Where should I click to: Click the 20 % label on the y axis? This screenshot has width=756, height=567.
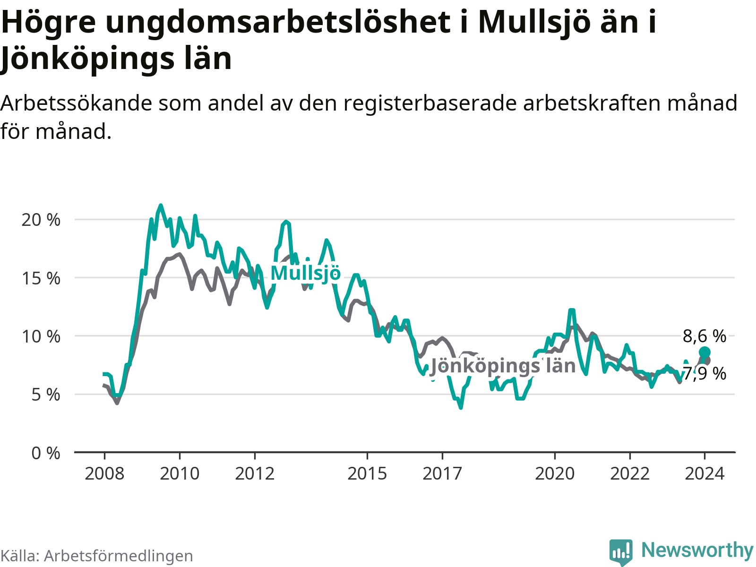coord(41,220)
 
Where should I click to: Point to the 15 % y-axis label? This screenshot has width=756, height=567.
coord(41,278)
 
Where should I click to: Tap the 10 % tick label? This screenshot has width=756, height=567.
coord(41,336)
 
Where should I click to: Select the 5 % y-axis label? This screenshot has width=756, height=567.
coord(46,395)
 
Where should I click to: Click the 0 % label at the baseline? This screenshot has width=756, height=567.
coord(46,453)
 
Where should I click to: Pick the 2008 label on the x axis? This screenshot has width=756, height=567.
coord(104,474)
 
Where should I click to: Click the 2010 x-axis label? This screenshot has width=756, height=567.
coord(180,474)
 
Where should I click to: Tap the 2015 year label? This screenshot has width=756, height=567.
coord(367,474)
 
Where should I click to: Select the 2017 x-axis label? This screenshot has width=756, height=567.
coord(442,474)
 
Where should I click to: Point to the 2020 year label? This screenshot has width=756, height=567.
coord(555,474)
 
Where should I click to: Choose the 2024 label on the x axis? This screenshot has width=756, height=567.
coord(704,474)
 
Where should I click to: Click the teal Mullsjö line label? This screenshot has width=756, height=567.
coord(306,274)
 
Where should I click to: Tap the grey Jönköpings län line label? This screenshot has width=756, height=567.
coord(503,366)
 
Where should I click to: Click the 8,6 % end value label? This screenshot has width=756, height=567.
coord(704,336)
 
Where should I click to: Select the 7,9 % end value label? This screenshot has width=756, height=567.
coord(705,374)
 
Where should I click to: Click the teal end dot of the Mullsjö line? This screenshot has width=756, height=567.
coord(704,352)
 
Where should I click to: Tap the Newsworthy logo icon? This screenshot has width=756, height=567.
coord(621,552)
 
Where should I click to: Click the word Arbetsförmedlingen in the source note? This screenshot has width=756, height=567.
coord(119,556)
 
